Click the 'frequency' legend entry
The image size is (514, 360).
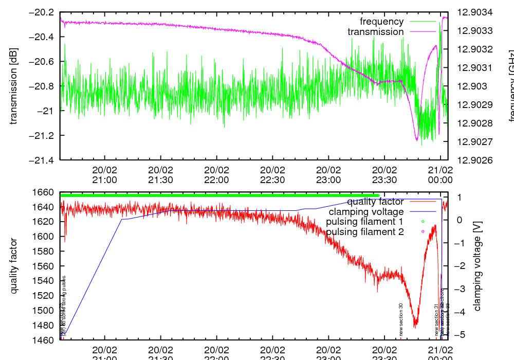pyautogui.click(x=381, y=22)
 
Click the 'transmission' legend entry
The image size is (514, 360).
pyautogui.click(x=375, y=32)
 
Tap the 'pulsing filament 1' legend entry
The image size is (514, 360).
pyautogui.click(x=364, y=222)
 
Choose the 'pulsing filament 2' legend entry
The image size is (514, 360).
pyautogui.click(x=364, y=232)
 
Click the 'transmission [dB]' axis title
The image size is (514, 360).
pyautogui.click(x=14, y=86)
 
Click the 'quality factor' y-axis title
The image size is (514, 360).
pyautogui.click(x=14, y=266)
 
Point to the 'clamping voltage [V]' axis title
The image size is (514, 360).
pyautogui.click(x=477, y=266)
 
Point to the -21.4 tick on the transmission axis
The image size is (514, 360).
pyautogui.click(x=42, y=160)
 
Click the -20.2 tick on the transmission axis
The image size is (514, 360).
pyautogui.click(x=42, y=12)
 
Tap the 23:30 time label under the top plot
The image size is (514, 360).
pyautogui.click(x=384, y=175)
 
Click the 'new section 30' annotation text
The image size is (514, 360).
pyautogui.click(x=401, y=319)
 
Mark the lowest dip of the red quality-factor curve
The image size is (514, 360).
pyautogui.click(x=415, y=327)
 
